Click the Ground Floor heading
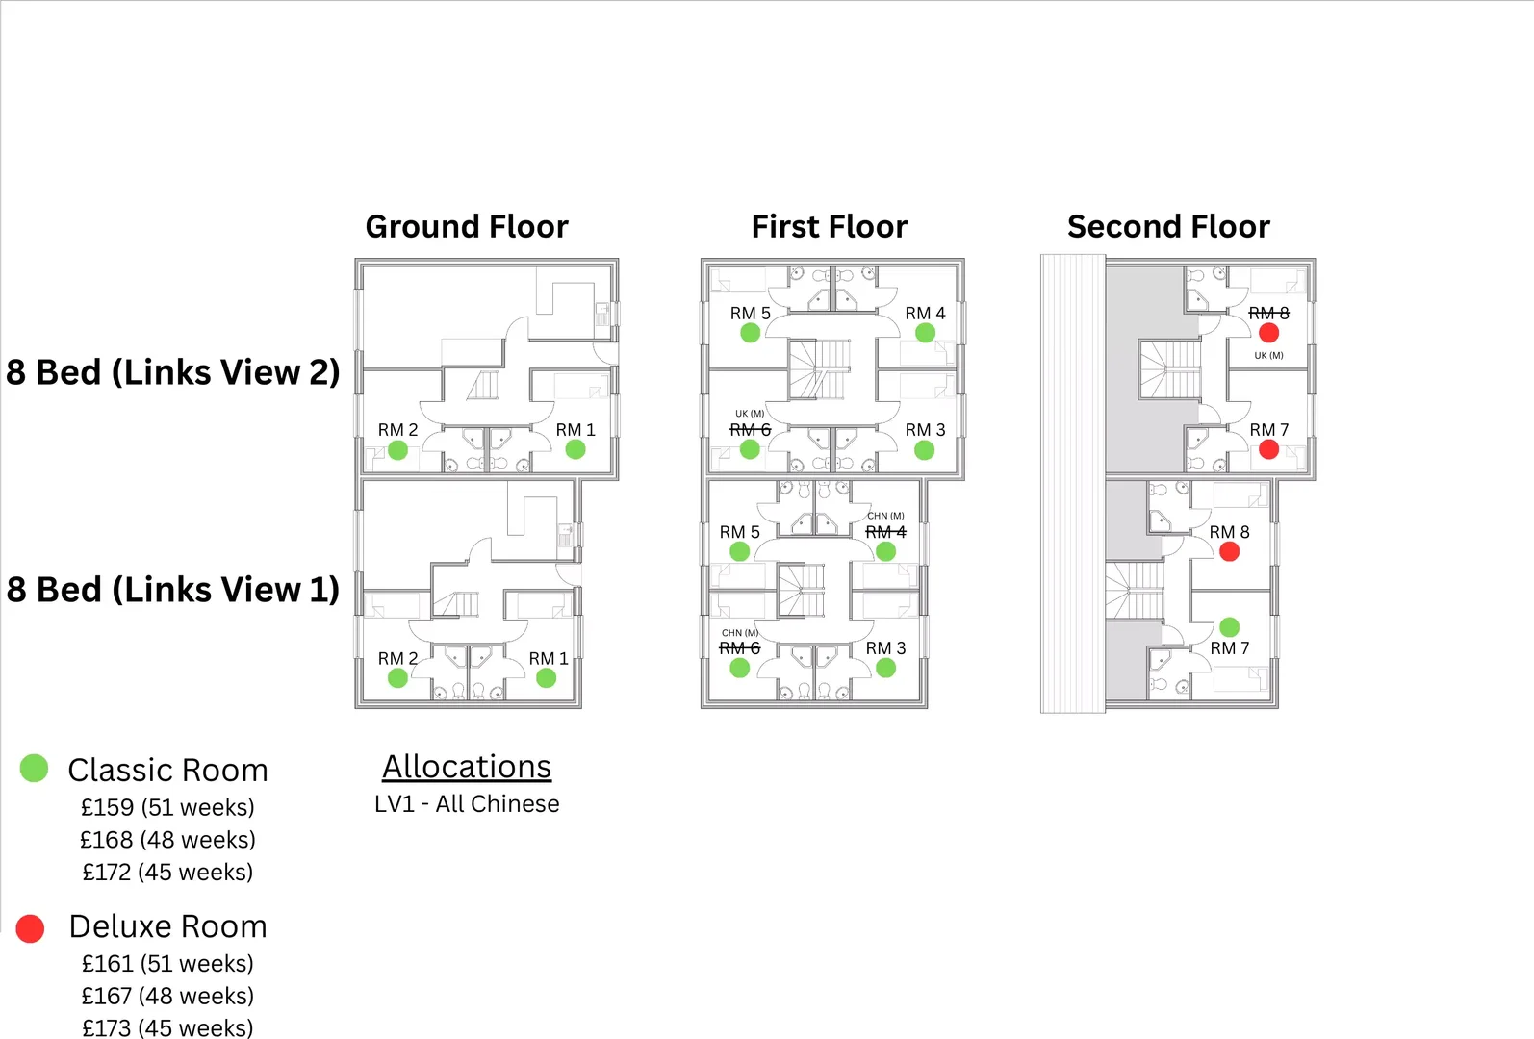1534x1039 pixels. pyautogui.click(x=467, y=226)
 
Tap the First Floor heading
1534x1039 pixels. pyautogui.click(x=829, y=226)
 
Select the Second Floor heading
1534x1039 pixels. pyautogui.click(x=1168, y=226)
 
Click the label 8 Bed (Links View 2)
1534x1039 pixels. pyautogui.click(x=172, y=372)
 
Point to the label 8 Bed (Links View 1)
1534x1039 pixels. pyautogui.click(x=172, y=590)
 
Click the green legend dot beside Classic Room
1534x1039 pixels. pyautogui.click(x=34, y=768)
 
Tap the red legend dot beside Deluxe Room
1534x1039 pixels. pyautogui.click(x=30, y=928)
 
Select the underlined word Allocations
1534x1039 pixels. pyautogui.click(x=467, y=767)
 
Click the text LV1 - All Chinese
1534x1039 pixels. pyautogui.click(x=467, y=803)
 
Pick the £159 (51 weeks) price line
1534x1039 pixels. pyautogui.click(x=167, y=808)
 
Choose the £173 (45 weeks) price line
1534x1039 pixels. pyautogui.click(x=167, y=1028)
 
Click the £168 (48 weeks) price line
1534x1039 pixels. pyautogui.click(x=167, y=840)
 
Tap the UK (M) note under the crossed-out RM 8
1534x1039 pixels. pyautogui.click(x=1268, y=355)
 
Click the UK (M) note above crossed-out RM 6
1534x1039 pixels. pyautogui.click(x=749, y=414)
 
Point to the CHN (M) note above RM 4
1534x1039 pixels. pyautogui.click(x=885, y=516)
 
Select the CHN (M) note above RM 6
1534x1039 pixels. pyautogui.click(x=740, y=632)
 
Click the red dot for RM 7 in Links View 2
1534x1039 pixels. pyautogui.click(x=1268, y=449)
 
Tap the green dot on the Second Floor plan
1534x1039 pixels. pyautogui.click(x=1229, y=627)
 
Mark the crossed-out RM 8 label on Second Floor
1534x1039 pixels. pyautogui.click(x=1268, y=313)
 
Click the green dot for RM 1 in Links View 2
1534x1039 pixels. pyautogui.click(x=575, y=449)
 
